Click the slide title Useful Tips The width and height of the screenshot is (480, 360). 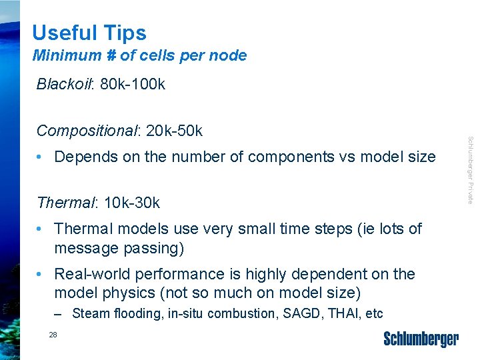pyautogui.click(x=89, y=33)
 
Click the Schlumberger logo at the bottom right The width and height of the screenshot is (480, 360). pyautogui.click(x=421, y=339)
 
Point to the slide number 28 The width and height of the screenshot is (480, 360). pyautogui.click(x=53, y=335)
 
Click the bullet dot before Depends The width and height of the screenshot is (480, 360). pyautogui.click(x=41, y=157)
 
